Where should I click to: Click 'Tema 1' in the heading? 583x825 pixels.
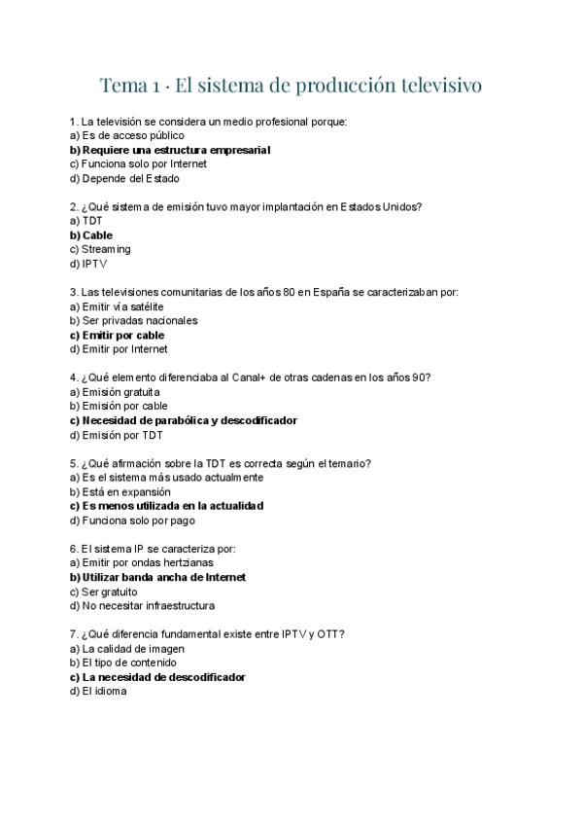point(130,87)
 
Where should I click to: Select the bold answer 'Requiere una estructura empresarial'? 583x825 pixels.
point(175,150)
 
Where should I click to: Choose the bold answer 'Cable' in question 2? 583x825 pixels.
point(97,235)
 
